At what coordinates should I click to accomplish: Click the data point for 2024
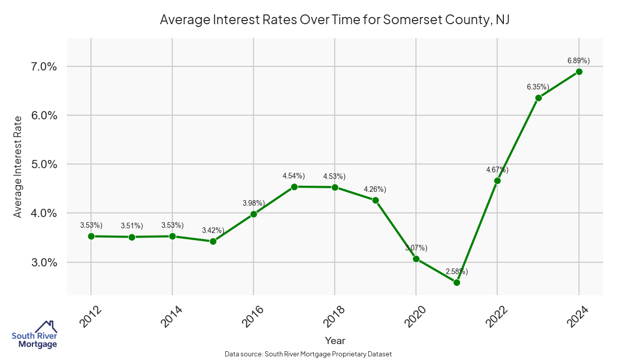click(x=579, y=71)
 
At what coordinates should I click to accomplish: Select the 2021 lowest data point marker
click(x=457, y=282)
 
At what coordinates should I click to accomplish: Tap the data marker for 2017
click(x=294, y=187)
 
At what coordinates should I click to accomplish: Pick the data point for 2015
click(x=213, y=241)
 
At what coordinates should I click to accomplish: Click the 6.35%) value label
click(x=538, y=87)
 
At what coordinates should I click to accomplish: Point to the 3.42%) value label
click(x=213, y=230)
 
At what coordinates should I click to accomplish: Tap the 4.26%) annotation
click(x=375, y=189)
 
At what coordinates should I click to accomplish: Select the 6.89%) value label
click(x=578, y=61)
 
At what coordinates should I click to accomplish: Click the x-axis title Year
click(x=335, y=340)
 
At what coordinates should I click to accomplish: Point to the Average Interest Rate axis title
click(x=18, y=167)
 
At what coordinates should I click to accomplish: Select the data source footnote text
click(x=308, y=354)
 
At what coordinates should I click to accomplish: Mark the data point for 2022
click(x=497, y=181)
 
